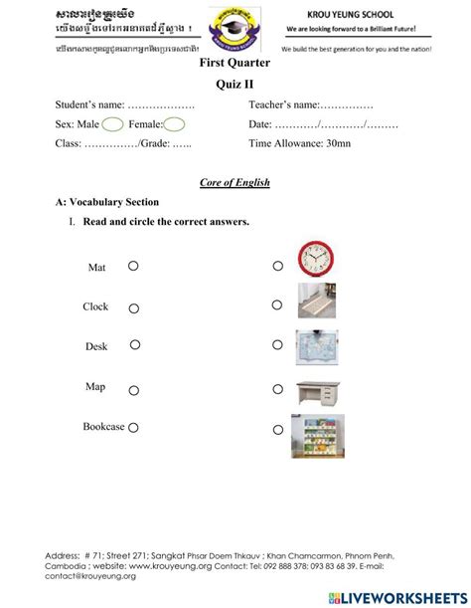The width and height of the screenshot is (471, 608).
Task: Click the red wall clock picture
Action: click(x=318, y=259)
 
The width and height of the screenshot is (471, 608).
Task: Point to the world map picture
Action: click(x=318, y=344)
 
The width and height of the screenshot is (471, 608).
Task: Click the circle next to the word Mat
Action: click(x=132, y=267)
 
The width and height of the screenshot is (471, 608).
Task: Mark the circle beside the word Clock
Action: click(x=132, y=306)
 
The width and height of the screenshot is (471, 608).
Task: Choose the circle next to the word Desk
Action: click(x=134, y=345)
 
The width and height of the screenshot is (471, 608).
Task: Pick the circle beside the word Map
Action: click(x=132, y=387)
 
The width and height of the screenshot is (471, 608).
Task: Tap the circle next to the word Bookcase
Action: click(x=132, y=427)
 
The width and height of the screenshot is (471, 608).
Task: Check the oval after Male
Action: click(x=112, y=123)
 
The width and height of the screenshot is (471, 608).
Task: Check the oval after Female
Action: click(x=174, y=123)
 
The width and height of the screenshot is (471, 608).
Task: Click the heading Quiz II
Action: click(x=235, y=84)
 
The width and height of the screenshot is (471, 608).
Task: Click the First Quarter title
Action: click(x=235, y=63)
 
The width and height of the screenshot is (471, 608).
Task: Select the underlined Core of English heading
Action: click(x=235, y=182)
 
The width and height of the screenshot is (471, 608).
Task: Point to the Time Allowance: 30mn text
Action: click(x=299, y=143)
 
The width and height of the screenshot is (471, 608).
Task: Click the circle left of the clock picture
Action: click(x=278, y=266)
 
